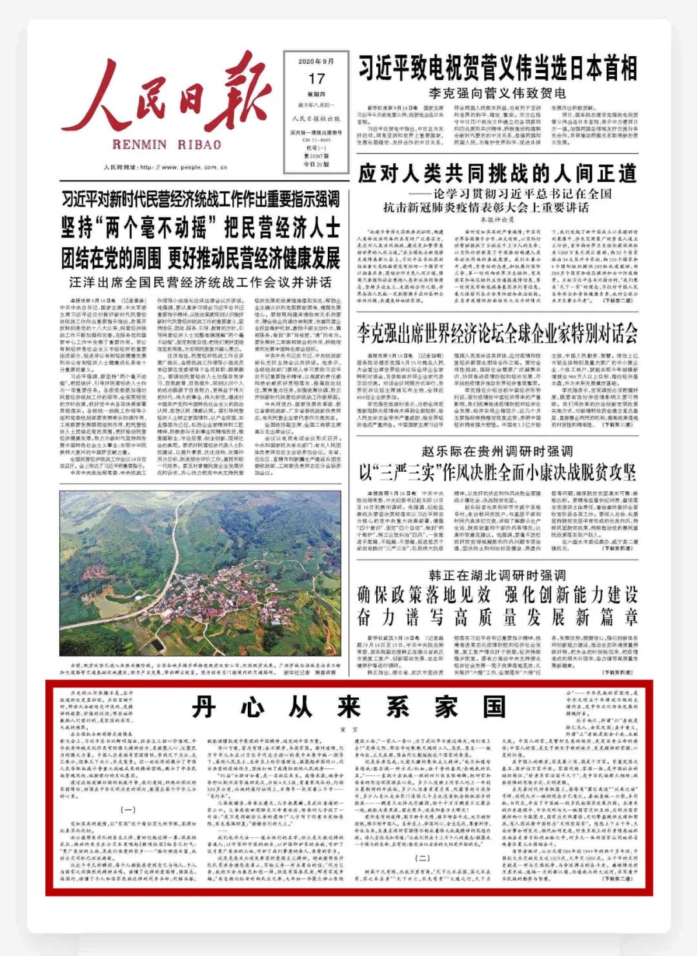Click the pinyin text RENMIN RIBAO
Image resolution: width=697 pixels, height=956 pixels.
click(x=167, y=145)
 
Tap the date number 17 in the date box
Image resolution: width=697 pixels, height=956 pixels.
click(x=316, y=79)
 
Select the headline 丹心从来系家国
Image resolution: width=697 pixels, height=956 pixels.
click(x=348, y=708)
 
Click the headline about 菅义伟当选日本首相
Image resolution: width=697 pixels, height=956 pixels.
click(x=498, y=68)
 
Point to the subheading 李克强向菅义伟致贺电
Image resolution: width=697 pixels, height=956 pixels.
click(x=497, y=93)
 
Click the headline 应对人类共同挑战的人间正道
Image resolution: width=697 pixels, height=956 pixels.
click(x=498, y=173)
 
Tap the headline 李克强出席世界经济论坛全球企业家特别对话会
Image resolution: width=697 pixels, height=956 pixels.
click(x=498, y=334)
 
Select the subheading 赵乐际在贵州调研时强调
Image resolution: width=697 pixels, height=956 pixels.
click(x=497, y=451)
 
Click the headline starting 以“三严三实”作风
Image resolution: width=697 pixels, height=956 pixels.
click(x=498, y=473)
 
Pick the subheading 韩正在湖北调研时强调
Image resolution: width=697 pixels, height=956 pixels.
click(x=497, y=575)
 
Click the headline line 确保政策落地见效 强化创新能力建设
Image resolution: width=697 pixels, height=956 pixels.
click(x=498, y=595)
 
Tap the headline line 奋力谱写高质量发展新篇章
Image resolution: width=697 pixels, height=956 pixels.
click(x=498, y=617)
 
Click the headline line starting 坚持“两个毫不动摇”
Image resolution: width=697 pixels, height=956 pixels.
click(x=200, y=228)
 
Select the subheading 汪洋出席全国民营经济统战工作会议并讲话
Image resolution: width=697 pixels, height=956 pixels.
click(x=200, y=282)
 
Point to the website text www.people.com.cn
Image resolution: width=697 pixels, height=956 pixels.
click(x=194, y=167)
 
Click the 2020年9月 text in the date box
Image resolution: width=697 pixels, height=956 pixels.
click(x=316, y=62)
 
